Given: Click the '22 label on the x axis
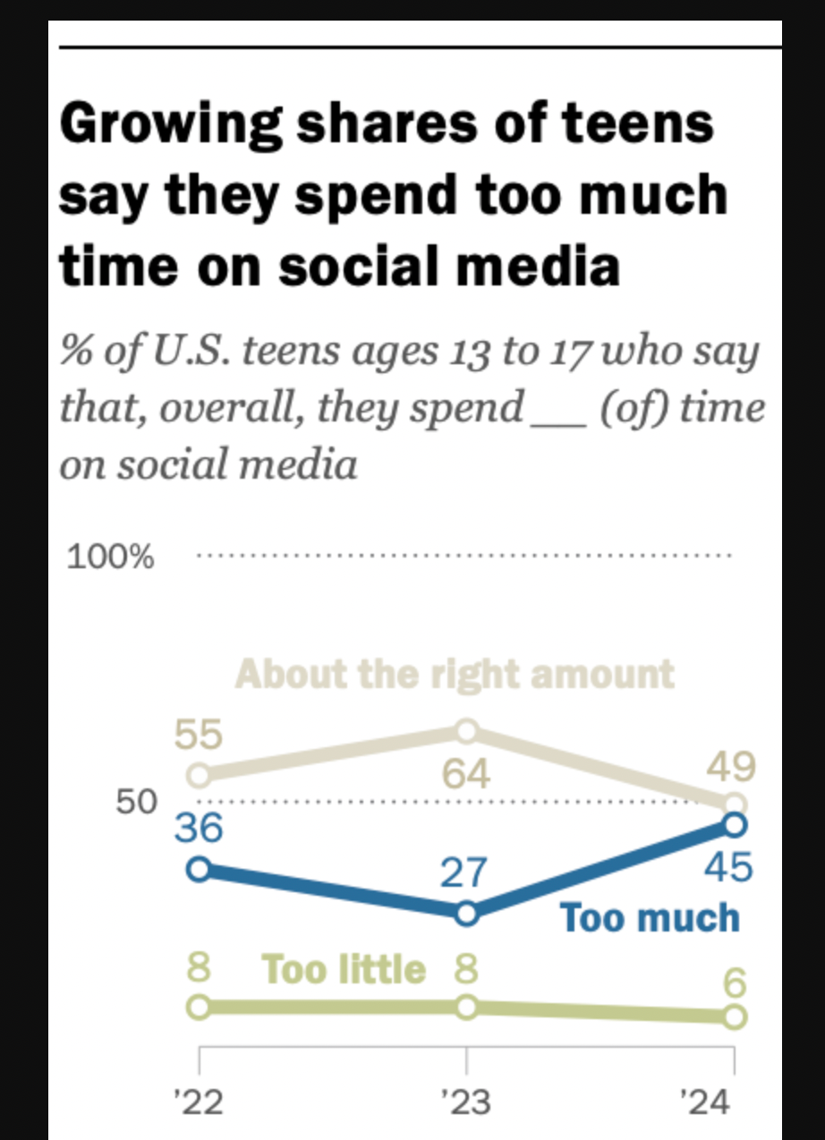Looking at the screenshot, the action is [199, 1102].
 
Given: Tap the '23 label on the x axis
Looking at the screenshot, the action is [465, 1102].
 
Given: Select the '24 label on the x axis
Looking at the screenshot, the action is [705, 1102].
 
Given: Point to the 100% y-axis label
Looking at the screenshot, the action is [110, 557].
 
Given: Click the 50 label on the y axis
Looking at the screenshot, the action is [136, 802].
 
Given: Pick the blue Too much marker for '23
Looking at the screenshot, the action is [466, 913].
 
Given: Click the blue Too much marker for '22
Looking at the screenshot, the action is [199, 869].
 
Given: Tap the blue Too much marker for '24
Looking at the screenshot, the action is [734, 824].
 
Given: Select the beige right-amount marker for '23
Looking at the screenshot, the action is [466, 731].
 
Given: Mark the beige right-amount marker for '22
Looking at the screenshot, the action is [199, 776].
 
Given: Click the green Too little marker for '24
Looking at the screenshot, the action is [734, 1017].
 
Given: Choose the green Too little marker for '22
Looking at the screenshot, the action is [199, 1007].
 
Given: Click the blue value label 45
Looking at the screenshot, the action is [728, 867].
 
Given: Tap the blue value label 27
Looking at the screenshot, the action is [464, 872].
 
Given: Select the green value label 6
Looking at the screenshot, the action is [735, 983].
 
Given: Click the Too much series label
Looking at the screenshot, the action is [650, 917].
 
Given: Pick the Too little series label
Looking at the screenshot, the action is [344, 968].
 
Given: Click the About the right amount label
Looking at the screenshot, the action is [455, 674].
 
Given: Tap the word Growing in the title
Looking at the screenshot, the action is [171, 124].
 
